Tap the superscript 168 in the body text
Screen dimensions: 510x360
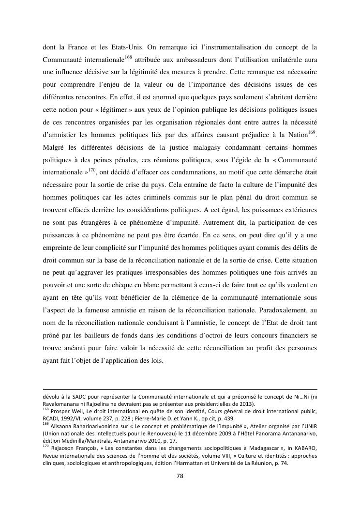[128, 57]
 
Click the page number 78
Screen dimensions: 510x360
[180, 476]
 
